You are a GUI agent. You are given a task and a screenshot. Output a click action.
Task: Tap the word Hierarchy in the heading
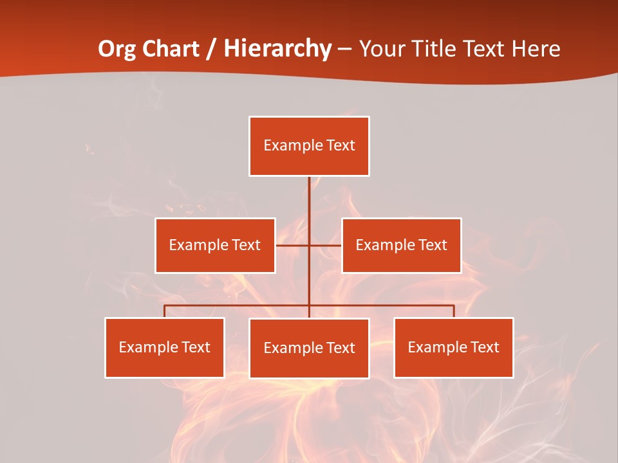(277, 49)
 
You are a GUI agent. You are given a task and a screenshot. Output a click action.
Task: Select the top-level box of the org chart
(309, 146)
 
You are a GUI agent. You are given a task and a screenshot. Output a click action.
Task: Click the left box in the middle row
(215, 245)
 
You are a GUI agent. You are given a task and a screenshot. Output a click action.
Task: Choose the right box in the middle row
(401, 245)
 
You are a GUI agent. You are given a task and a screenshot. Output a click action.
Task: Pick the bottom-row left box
(164, 347)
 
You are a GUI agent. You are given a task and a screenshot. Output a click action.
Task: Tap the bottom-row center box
(309, 348)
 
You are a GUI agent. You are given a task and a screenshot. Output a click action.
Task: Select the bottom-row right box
(453, 347)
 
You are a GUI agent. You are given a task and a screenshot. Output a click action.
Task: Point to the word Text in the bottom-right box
(484, 347)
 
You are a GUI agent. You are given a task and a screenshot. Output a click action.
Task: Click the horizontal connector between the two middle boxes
(325, 245)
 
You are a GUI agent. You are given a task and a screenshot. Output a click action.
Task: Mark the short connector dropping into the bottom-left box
(164, 311)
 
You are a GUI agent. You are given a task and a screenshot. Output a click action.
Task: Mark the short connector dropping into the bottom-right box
(453, 311)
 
